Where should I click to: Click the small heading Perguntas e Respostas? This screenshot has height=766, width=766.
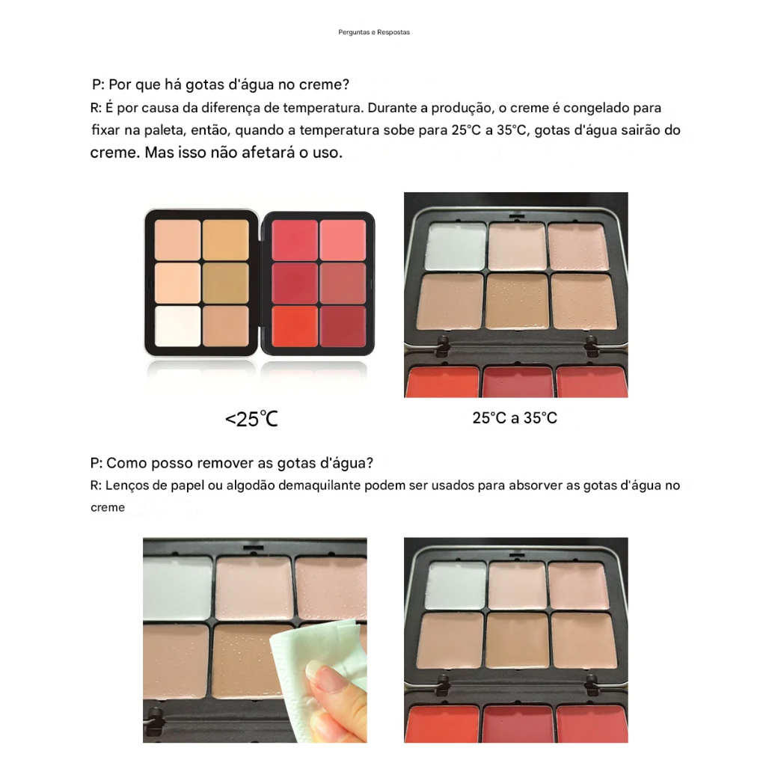(374, 32)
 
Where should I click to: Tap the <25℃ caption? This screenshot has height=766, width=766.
(251, 419)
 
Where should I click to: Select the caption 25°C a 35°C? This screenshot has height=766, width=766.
(515, 417)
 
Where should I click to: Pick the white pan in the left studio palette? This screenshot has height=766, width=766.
(177, 326)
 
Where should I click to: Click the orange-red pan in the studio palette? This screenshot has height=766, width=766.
(295, 326)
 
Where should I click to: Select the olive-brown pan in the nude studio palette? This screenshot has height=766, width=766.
(226, 284)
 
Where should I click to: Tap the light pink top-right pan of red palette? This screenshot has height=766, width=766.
(343, 240)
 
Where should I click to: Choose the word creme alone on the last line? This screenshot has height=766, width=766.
(108, 508)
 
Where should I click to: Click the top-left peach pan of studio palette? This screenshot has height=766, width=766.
(177, 240)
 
